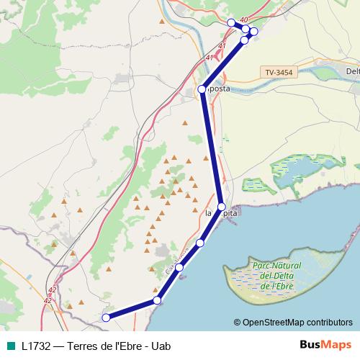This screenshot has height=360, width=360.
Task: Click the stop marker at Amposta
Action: pos(202,89)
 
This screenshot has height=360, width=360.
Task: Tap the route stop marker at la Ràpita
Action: pos(222,207)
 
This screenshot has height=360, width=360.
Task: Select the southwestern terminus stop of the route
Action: pos(106,318)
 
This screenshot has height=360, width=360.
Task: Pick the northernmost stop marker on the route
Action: pos(231,23)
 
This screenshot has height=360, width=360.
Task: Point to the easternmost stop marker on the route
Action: pos(253,31)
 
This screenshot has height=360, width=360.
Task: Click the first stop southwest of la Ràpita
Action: pos(200,243)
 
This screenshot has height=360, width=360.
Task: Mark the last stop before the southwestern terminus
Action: pos(156,300)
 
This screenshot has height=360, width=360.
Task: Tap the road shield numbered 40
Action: pos(245,19)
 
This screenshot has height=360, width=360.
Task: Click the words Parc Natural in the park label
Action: pos(271,265)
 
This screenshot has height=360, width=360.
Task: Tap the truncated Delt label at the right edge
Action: pos(353,71)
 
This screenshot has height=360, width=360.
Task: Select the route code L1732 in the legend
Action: pos(36,346)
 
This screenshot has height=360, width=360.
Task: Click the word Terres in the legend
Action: pos(81,346)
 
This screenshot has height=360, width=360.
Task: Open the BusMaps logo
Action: pos(325,346)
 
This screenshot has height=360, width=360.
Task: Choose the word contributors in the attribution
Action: pos(328,322)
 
